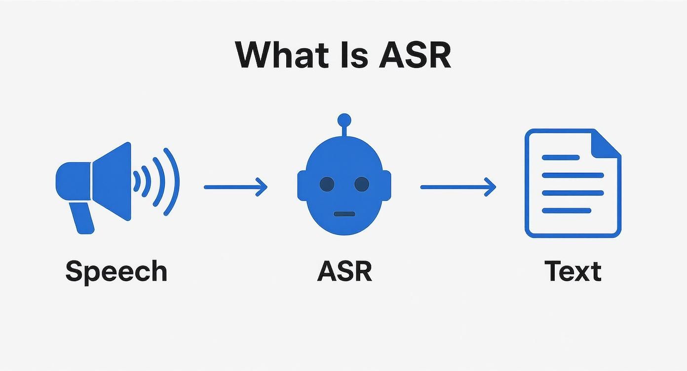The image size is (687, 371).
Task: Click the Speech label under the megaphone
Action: [116, 271]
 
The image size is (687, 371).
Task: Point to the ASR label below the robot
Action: [344, 271]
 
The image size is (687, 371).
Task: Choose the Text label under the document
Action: [573, 271]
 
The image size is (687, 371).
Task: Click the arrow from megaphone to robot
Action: [235, 187]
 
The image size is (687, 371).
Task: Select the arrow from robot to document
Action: [458, 187]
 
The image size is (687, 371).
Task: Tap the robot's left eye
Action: [327, 184]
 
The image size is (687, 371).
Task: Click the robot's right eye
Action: [362, 184]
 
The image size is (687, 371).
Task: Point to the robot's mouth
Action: [344, 214]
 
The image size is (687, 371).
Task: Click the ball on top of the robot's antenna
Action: [344, 120]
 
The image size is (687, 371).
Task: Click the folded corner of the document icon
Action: [607, 143]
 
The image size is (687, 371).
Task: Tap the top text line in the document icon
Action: [561, 157]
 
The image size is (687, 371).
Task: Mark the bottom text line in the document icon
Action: [567, 211]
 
